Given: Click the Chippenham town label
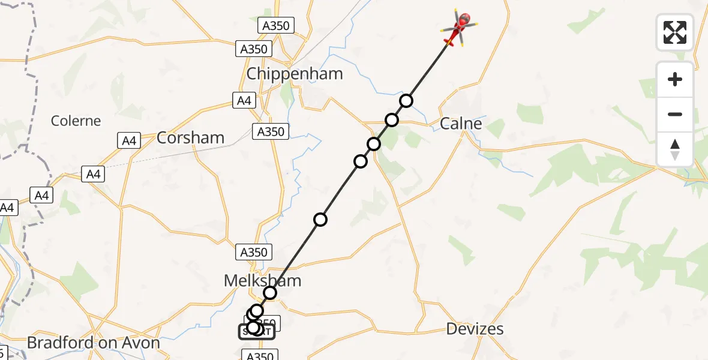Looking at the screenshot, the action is [x=295, y=74].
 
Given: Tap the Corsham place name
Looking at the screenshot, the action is [x=190, y=137].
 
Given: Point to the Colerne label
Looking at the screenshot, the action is [x=76, y=121].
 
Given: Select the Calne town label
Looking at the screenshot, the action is [x=461, y=124].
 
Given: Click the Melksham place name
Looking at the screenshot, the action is [x=262, y=280].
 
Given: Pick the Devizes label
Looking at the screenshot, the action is [x=475, y=329].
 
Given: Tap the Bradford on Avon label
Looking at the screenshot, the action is [x=94, y=343].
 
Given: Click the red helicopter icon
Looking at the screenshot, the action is [x=460, y=28].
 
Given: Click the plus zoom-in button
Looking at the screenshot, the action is [x=675, y=79].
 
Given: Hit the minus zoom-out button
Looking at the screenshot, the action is [x=675, y=114].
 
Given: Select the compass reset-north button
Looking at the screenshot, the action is [x=675, y=149].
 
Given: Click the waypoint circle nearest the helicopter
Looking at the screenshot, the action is [x=407, y=100].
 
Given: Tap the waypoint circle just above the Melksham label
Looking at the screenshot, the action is [x=270, y=292].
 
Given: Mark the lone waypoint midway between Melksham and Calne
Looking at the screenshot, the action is [x=320, y=219].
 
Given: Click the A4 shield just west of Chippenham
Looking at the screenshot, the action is [x=244, y=100].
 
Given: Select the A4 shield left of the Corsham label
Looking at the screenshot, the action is [x=128, y=141].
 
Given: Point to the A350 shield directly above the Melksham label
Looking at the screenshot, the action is [x=253, y=252].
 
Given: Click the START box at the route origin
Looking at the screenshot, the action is [x=257, y=332].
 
